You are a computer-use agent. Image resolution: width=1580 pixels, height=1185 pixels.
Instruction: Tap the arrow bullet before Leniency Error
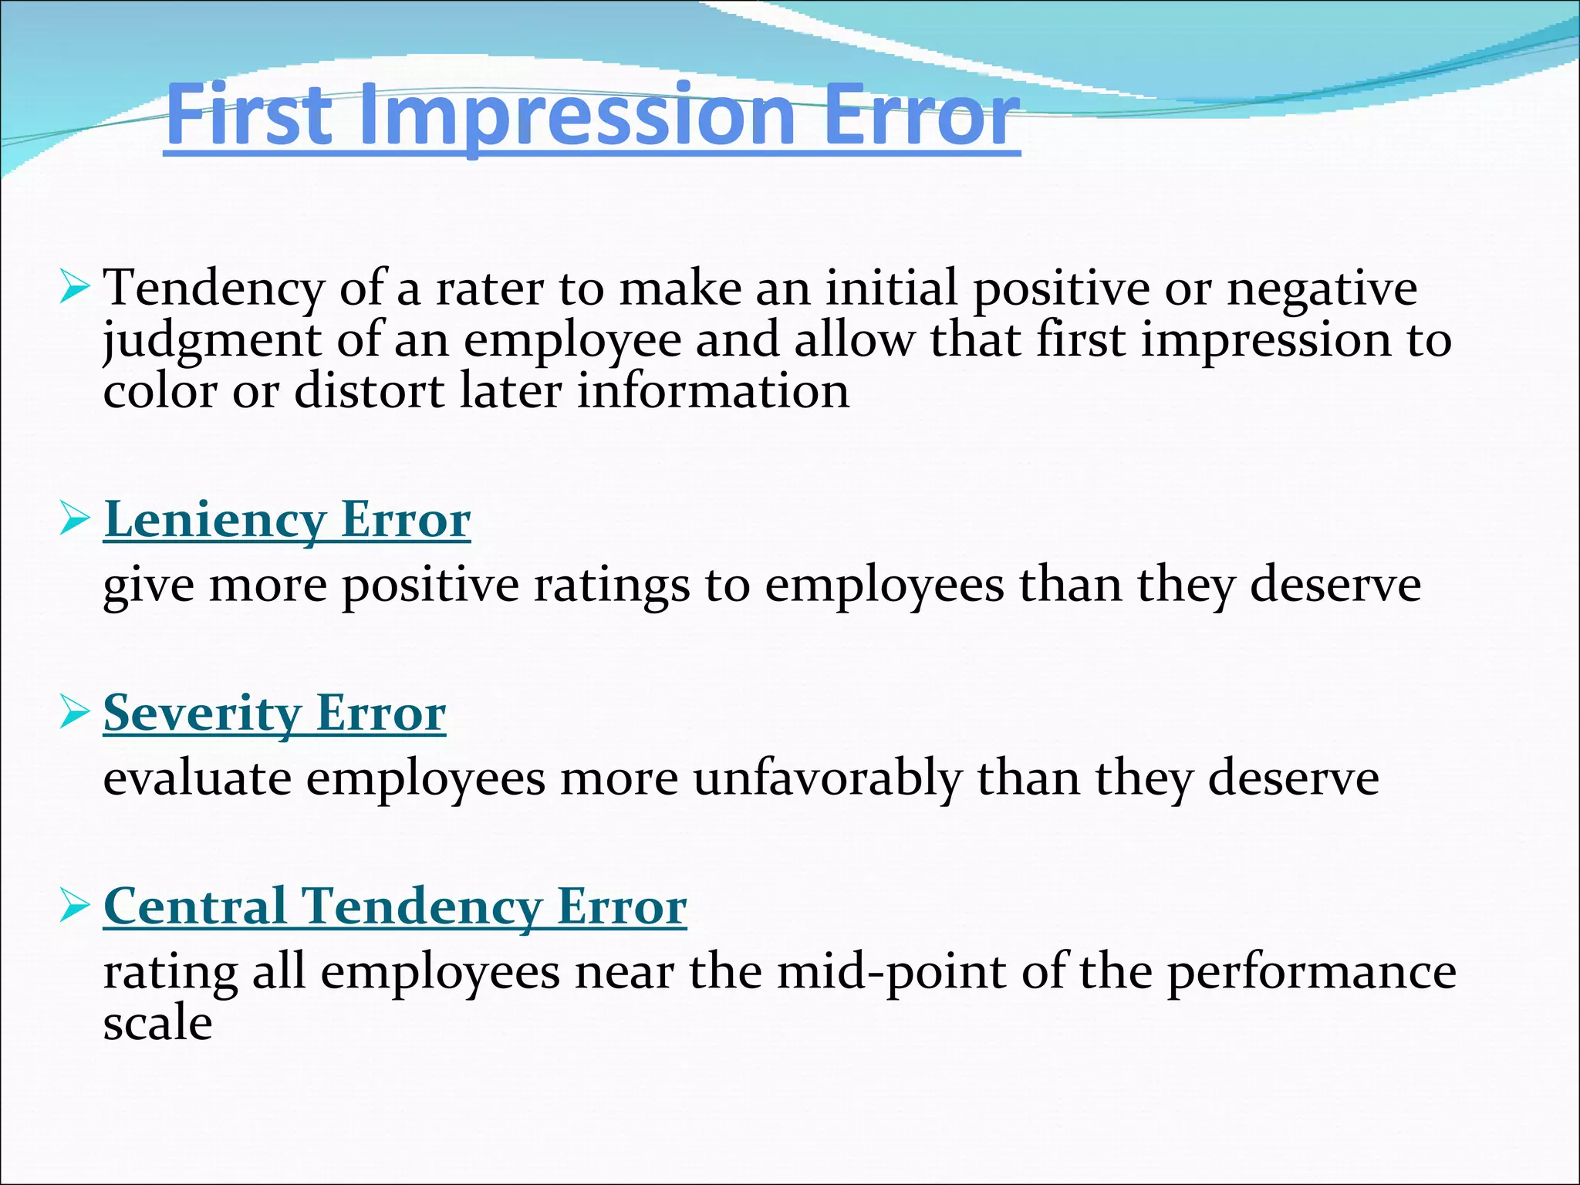(75, 520)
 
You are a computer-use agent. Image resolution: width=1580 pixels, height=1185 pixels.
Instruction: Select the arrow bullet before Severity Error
(75, 713)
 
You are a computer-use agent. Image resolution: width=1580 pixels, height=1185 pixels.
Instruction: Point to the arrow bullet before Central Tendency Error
(75, 906)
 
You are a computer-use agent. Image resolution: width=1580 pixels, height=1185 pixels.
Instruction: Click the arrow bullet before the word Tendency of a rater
(75, 289)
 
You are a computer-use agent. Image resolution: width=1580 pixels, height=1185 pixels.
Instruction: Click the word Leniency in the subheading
(214, 520)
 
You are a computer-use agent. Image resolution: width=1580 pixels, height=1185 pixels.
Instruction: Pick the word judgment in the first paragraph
(211, 341)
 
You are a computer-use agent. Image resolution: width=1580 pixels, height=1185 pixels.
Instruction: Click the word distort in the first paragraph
(370, 391)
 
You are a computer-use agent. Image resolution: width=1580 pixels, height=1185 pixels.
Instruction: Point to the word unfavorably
(827, 778)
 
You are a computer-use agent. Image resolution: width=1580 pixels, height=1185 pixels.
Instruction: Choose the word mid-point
(892, 971)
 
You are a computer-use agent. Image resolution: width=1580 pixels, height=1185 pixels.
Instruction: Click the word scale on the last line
(157, 1023)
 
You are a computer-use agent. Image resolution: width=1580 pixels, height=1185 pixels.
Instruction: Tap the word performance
(1311, 971)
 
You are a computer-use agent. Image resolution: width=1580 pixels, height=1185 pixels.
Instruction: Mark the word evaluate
(197, 778)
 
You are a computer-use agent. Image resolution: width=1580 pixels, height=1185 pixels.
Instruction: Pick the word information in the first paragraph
(713, 391)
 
